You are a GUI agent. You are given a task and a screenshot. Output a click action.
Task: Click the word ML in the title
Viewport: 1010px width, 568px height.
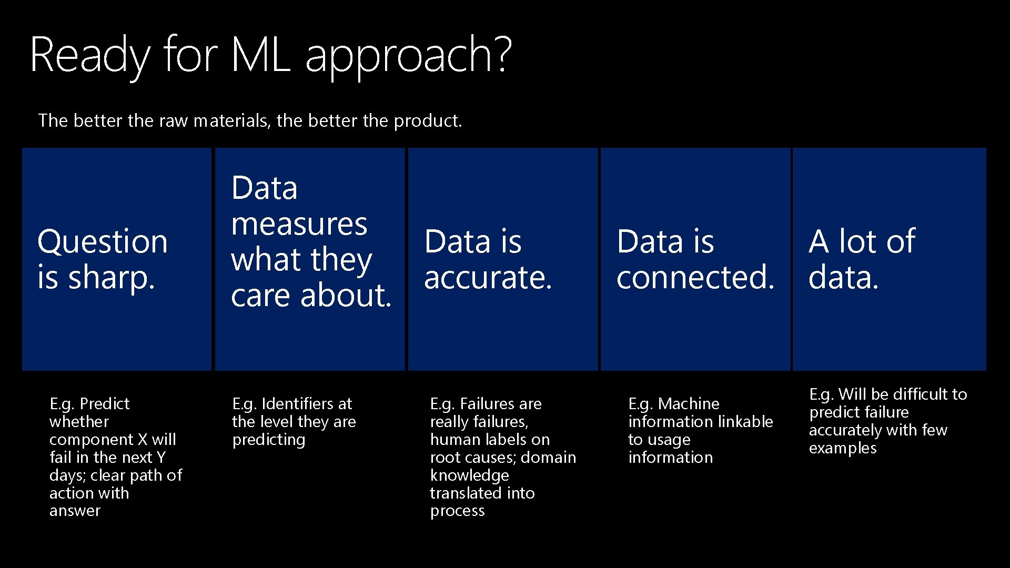[x=261, y=54]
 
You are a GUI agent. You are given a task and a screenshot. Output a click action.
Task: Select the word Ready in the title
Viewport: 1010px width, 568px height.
[x=90, y=55]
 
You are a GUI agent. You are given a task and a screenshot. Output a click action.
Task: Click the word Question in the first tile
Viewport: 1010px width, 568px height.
[x=103, y=242]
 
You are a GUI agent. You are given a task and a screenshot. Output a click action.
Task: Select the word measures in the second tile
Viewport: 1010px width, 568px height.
[x=299, y=224]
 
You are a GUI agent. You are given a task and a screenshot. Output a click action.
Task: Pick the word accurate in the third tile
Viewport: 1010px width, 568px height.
[x=488, y=278]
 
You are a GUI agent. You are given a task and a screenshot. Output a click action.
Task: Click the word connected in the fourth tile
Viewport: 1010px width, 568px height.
[x=695, y=278]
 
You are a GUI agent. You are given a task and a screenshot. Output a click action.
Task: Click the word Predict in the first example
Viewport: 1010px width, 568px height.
[x=105, y=404]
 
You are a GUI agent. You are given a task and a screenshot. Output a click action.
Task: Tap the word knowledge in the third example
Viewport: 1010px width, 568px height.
[x=469, y=476]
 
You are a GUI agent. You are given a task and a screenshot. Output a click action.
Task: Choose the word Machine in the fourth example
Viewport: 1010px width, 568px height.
[x=689, y=404]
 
